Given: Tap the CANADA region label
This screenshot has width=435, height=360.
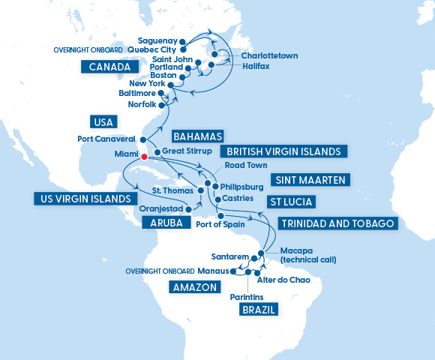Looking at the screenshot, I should [107, 67].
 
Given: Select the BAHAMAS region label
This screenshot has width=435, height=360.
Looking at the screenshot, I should [198, 136].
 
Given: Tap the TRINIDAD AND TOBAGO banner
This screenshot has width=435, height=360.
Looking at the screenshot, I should [336, 223].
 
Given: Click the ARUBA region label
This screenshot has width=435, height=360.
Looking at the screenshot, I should [163, 223].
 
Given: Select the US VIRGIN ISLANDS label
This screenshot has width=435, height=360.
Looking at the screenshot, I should [81, 199].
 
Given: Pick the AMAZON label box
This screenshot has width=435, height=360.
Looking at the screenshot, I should [194, 286].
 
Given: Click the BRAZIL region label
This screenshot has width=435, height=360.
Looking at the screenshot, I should [259, 309].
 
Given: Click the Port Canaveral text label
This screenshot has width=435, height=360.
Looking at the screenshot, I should [106, 139].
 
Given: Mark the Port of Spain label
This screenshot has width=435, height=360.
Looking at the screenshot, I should [220, 223].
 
